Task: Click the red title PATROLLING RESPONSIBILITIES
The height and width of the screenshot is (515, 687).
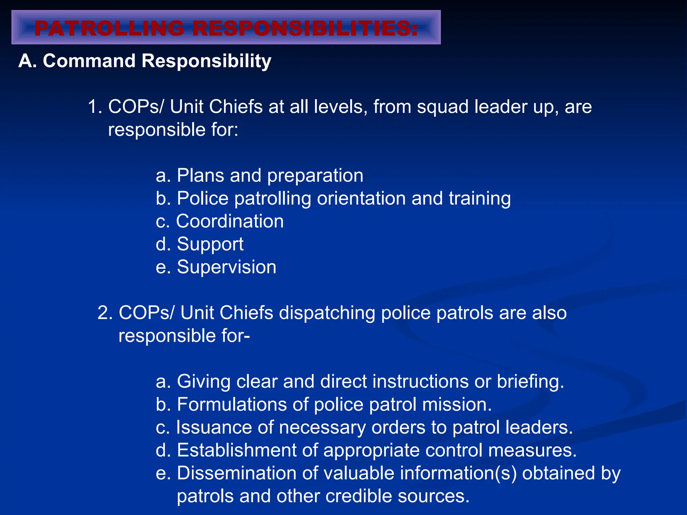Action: pos(226,28)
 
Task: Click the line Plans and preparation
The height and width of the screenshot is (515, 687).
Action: pos(259,176)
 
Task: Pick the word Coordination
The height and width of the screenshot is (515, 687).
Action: pos(230,222)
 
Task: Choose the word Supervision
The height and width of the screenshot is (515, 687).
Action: pos(226,268)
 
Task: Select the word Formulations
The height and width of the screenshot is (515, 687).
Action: pos(231,405)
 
